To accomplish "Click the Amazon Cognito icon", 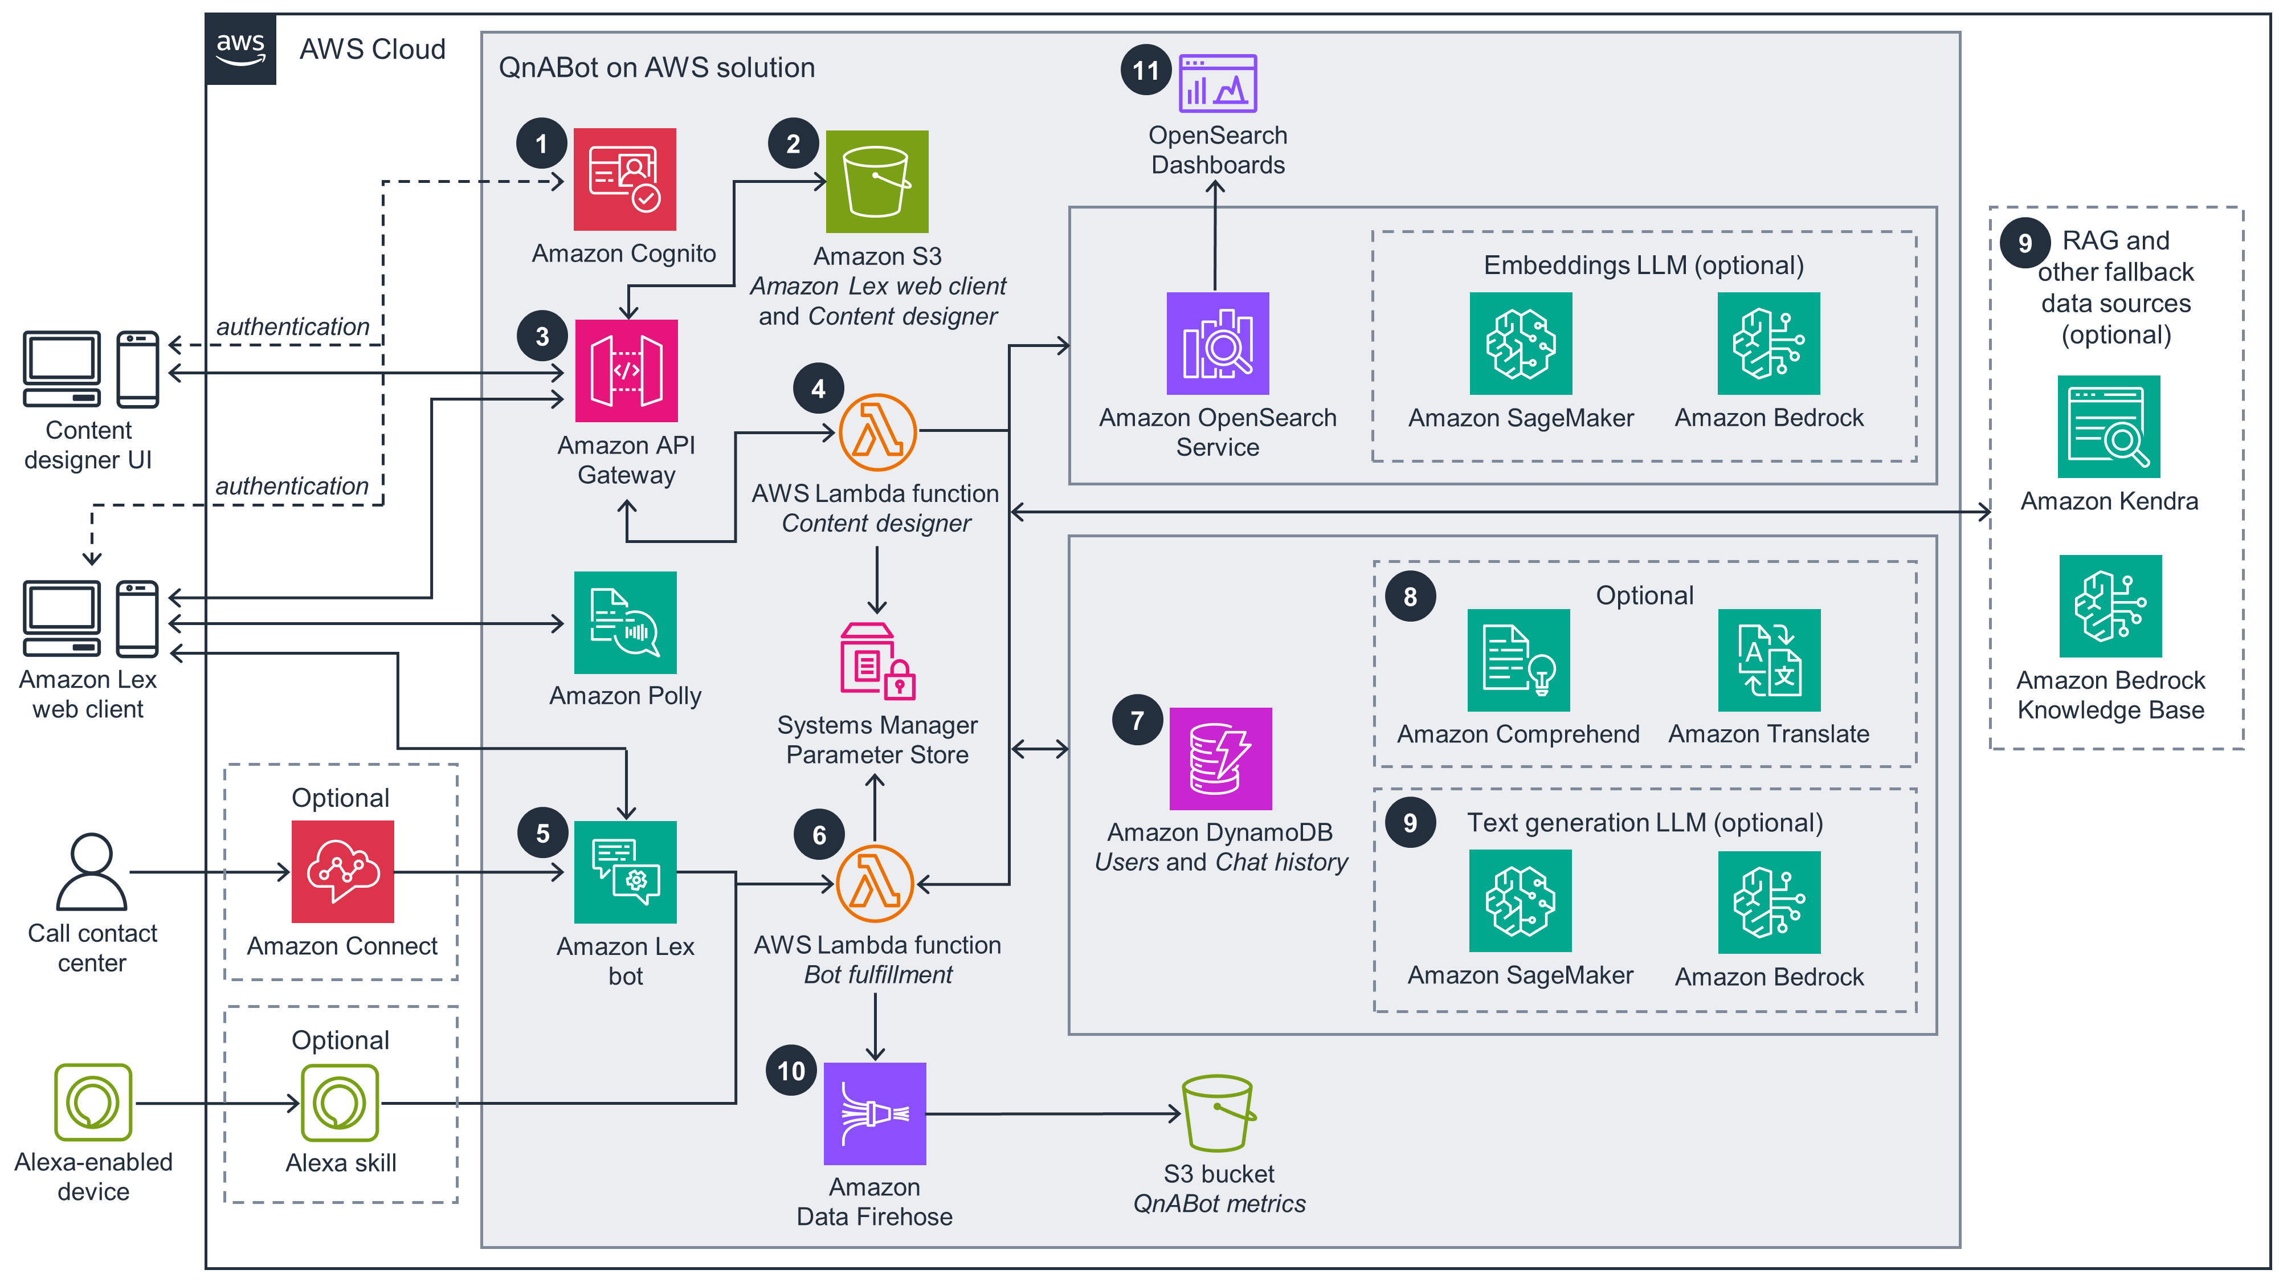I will click(624, 179).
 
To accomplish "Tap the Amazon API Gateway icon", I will click(626, 371).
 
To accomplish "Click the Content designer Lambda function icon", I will click(877, 432).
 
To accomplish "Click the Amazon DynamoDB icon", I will click(1220, 759).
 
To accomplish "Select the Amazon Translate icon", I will click(1769, 660).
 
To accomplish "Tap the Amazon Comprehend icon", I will click(1518, 660).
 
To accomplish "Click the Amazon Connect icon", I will click(342, 872).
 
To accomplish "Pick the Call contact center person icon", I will click(91, 872).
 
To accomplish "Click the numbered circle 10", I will click(791, 1071).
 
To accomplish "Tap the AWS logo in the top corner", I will click(240, 48).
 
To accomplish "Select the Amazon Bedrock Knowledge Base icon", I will click(2110, 606).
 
